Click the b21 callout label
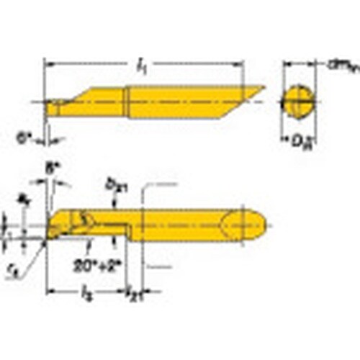coord(114,185)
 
